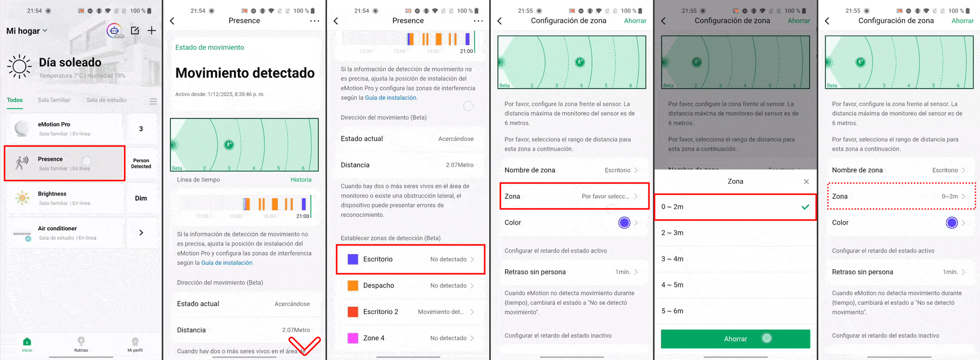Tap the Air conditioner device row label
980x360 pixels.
[57, 229]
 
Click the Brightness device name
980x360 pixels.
[52, 194]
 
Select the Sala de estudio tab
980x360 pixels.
[106, 100]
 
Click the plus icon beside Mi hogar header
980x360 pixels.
[152, 31]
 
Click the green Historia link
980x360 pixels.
[301, 180]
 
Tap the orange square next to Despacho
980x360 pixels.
[353, 285]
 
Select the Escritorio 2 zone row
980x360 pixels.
[410, 312]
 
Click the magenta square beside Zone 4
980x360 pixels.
[353, 338]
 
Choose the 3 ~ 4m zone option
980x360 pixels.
[672, 259]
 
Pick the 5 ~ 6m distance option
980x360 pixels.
[672, 311]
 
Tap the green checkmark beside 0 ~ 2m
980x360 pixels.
[805, 207]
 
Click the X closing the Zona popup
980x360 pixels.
[806, 182]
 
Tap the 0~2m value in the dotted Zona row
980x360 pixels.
[950, 197]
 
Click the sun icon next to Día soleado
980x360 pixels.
[20, 66]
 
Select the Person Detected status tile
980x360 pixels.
[141, 163]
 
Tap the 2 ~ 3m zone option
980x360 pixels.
[672, 233]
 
